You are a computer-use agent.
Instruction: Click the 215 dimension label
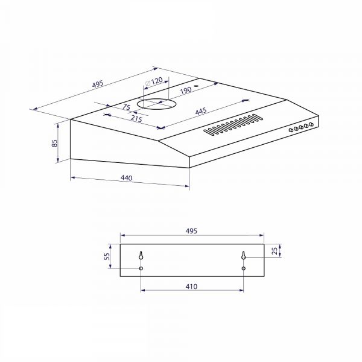pyautogui.click(x=136, y=118)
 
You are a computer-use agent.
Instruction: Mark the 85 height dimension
pyautogui.click(x=54, y=143)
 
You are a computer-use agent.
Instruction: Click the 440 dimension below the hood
pyautogui.click(x=127, y=178)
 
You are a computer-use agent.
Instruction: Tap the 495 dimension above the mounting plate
pyautogui.click(x=191, y=231)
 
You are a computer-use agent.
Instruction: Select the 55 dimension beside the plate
pyautogui.click(x=107, y=256)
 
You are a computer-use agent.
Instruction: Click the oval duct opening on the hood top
pyautogui.click(x=154, y=104)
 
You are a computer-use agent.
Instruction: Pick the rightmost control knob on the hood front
pyautogui.click(x=313, y=124)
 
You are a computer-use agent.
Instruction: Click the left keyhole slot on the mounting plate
pyautogui.click(x=141, y=255)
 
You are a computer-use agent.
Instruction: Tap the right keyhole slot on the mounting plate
pyautogui.click(x=244, y=255)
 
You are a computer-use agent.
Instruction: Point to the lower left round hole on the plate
pyautogui.click(x=141, y=268)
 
